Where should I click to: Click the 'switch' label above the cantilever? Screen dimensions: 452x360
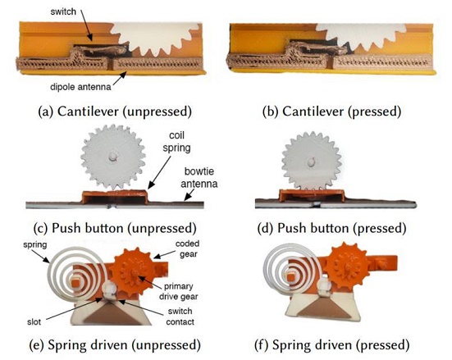[63, 11]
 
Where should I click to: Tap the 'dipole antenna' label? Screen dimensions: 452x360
[80, 87]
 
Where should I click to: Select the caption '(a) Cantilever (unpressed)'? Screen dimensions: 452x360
[115, 112]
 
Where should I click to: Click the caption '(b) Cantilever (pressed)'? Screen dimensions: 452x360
[331, 112]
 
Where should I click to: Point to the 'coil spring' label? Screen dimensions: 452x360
[176, 142]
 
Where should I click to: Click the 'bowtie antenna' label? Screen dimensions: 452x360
[199, 178]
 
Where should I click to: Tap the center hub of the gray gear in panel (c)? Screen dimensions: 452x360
[112, 156]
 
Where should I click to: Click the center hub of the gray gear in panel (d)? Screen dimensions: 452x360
[311, 162]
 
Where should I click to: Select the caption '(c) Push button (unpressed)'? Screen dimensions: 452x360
[115, 228]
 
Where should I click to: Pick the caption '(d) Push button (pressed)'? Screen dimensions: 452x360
[331, 228]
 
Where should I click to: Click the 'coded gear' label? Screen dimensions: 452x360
[187, 248]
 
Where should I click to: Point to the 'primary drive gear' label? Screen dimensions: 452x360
[179, 291]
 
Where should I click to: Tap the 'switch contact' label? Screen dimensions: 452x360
[180, 317]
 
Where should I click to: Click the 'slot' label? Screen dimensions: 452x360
[34, 321]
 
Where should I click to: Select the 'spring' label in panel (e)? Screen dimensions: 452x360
[35, 245]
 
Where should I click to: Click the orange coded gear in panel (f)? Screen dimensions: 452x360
[348, 267]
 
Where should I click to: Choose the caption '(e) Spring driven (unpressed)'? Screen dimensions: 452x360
[115, 345]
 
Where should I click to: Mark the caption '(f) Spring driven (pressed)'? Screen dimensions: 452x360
[331, 345]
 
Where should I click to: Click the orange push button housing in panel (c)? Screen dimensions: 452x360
[116, 197]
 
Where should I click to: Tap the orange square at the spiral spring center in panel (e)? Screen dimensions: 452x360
[76, 281]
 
